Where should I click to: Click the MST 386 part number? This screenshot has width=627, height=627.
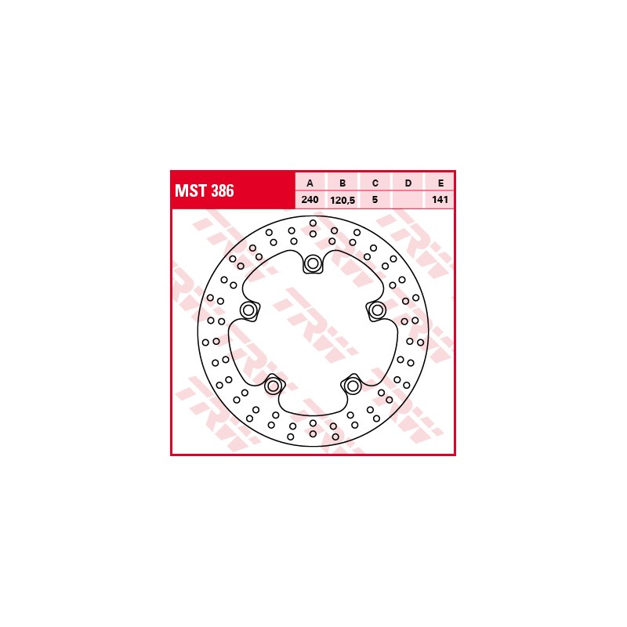[x=204, y=190]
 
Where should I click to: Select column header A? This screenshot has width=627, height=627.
[x=310, y=183]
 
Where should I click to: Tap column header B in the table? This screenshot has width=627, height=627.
[x=342, y=183]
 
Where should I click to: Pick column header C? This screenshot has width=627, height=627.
[x=375, y=183]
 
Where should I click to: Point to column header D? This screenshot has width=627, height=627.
[x=408, y=183]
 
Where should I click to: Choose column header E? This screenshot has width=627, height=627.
[x=440, y=183]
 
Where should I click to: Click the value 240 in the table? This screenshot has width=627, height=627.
[x=310, y=200]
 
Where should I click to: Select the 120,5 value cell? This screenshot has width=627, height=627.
[x=342, y=200]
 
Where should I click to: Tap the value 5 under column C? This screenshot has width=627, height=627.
[x=375, y=200]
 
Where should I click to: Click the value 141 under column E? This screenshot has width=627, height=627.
[x=440, y=200]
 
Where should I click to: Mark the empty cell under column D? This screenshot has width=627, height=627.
[x=408, y=200]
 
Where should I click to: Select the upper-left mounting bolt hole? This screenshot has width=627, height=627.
[x=250, y=310]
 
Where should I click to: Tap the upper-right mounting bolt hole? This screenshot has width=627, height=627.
[x=377, y=310]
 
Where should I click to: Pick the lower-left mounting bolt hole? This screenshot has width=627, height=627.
[x=274, y=386]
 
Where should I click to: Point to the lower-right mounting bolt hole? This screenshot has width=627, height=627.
[x=353, y=386]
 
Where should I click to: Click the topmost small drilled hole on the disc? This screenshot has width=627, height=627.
[x=313, y=223]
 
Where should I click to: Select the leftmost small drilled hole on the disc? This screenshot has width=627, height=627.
[x=205, y=342]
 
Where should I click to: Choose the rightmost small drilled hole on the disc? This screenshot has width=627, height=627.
[x=421, y=342]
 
